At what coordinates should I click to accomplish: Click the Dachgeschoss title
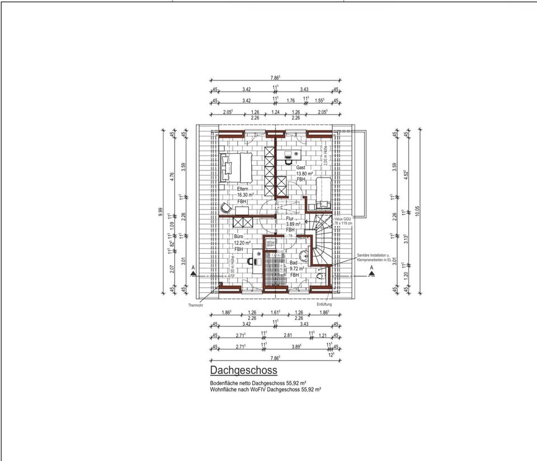click(x=243, y=370)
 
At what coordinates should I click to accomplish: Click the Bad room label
click(x=294, y=263)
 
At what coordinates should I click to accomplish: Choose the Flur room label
click(x=290, y=218)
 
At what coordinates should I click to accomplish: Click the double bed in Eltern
click(x=237, y=167)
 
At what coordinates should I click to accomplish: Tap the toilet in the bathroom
click(x=321, y=275)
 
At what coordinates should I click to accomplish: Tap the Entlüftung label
click(x=324, y=305)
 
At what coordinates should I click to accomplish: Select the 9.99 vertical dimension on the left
click(x=161, y=211)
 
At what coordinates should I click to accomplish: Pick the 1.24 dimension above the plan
click(x=275, y=112)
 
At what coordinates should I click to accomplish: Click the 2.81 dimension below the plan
click(x=288, y=335)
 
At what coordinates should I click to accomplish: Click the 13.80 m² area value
click(x=304, y=174)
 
